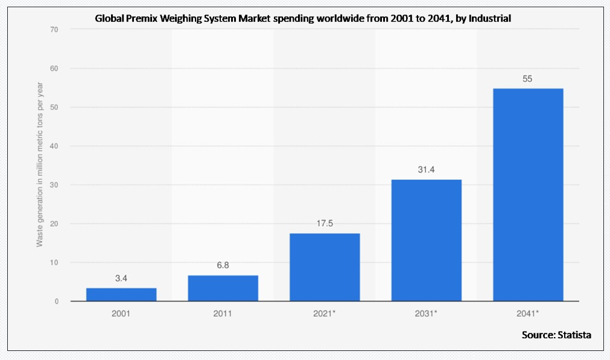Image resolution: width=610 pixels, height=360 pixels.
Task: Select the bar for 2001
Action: [x=121, y=294]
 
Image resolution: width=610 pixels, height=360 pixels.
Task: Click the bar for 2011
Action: [x=223, y=288]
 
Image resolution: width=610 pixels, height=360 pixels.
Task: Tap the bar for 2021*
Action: [x=325, y=267]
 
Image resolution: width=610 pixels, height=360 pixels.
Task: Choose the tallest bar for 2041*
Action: [x=528, y=194]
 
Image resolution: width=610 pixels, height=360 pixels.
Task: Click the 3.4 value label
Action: [x=121, y=279]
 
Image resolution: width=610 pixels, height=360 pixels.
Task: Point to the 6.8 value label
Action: [x=223, y=265]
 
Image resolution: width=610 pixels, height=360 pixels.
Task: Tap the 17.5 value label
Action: [x=325, y=224]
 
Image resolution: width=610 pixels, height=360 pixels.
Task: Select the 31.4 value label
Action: [x=427, y=170]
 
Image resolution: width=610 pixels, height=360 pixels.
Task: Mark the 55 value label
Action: [x=528, y=78]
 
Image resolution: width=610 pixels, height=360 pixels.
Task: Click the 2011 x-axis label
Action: [x=223, y=314]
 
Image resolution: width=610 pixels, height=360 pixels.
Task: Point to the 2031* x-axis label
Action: [x=427, y=314]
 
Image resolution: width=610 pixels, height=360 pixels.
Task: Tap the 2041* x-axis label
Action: [x=528, y=314]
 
